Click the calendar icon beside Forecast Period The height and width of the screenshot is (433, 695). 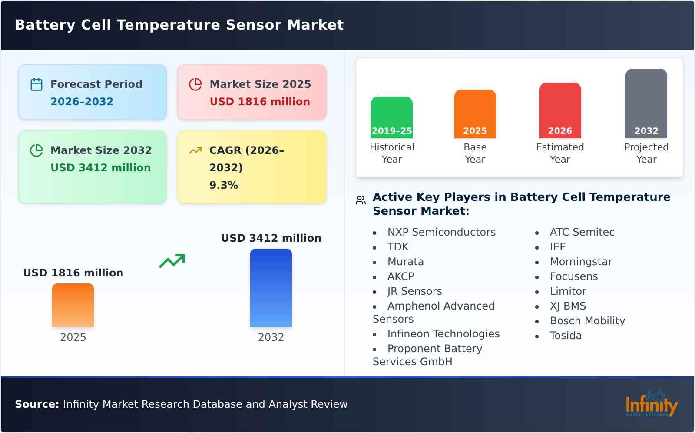coord(36,84)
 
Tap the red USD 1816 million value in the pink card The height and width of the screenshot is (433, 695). coord(260,102)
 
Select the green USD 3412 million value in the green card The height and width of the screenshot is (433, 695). coord(100,168)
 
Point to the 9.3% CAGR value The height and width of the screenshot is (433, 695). coord(224,185)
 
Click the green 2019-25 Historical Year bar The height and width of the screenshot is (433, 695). coord(391,117)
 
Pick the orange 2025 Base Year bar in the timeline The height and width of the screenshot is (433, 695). coord(475,114)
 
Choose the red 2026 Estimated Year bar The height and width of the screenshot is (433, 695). coord(560,110)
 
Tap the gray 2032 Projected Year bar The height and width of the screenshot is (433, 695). coord(646,103)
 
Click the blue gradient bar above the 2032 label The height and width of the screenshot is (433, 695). coord(271,288)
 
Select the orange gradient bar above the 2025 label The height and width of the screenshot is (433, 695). coord(73,305)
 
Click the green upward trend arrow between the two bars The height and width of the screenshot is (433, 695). coord(172,261)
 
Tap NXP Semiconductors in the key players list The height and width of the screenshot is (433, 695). coord(441,232)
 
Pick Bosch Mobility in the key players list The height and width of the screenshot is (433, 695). coord(587,321)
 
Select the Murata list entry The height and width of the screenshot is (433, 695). coord(405,262)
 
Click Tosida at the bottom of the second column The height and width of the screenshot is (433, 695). coord(566,336)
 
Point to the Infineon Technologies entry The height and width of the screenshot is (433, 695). coord(443,334)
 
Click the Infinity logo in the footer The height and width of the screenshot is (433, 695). coord(651,404)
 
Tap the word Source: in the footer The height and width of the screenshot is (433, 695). coord(37,404)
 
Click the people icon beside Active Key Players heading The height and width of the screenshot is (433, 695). coord(361,200)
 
